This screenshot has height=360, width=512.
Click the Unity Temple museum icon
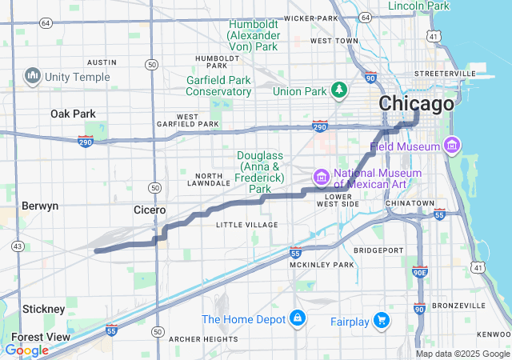[33, 76]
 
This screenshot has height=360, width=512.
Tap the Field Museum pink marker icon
[452, 146]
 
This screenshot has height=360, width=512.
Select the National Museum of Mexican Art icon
[321, 176]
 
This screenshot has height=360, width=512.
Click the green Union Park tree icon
[338, 90]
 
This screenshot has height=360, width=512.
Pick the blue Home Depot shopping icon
[297, 318]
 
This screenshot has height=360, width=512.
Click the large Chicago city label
[416, 104]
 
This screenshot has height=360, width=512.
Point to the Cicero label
[149, 210]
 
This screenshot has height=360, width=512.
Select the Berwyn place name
[40, 206]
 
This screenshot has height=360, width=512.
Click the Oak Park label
[73, 114]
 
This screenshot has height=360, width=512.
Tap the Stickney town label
[44, 309]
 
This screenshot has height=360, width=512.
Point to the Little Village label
[247, 225]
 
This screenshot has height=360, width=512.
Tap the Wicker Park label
[311, 18]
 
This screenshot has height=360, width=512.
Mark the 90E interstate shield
[420, 272]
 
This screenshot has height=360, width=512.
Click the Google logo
[26, 350]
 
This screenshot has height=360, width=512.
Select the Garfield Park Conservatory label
[219, 86]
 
